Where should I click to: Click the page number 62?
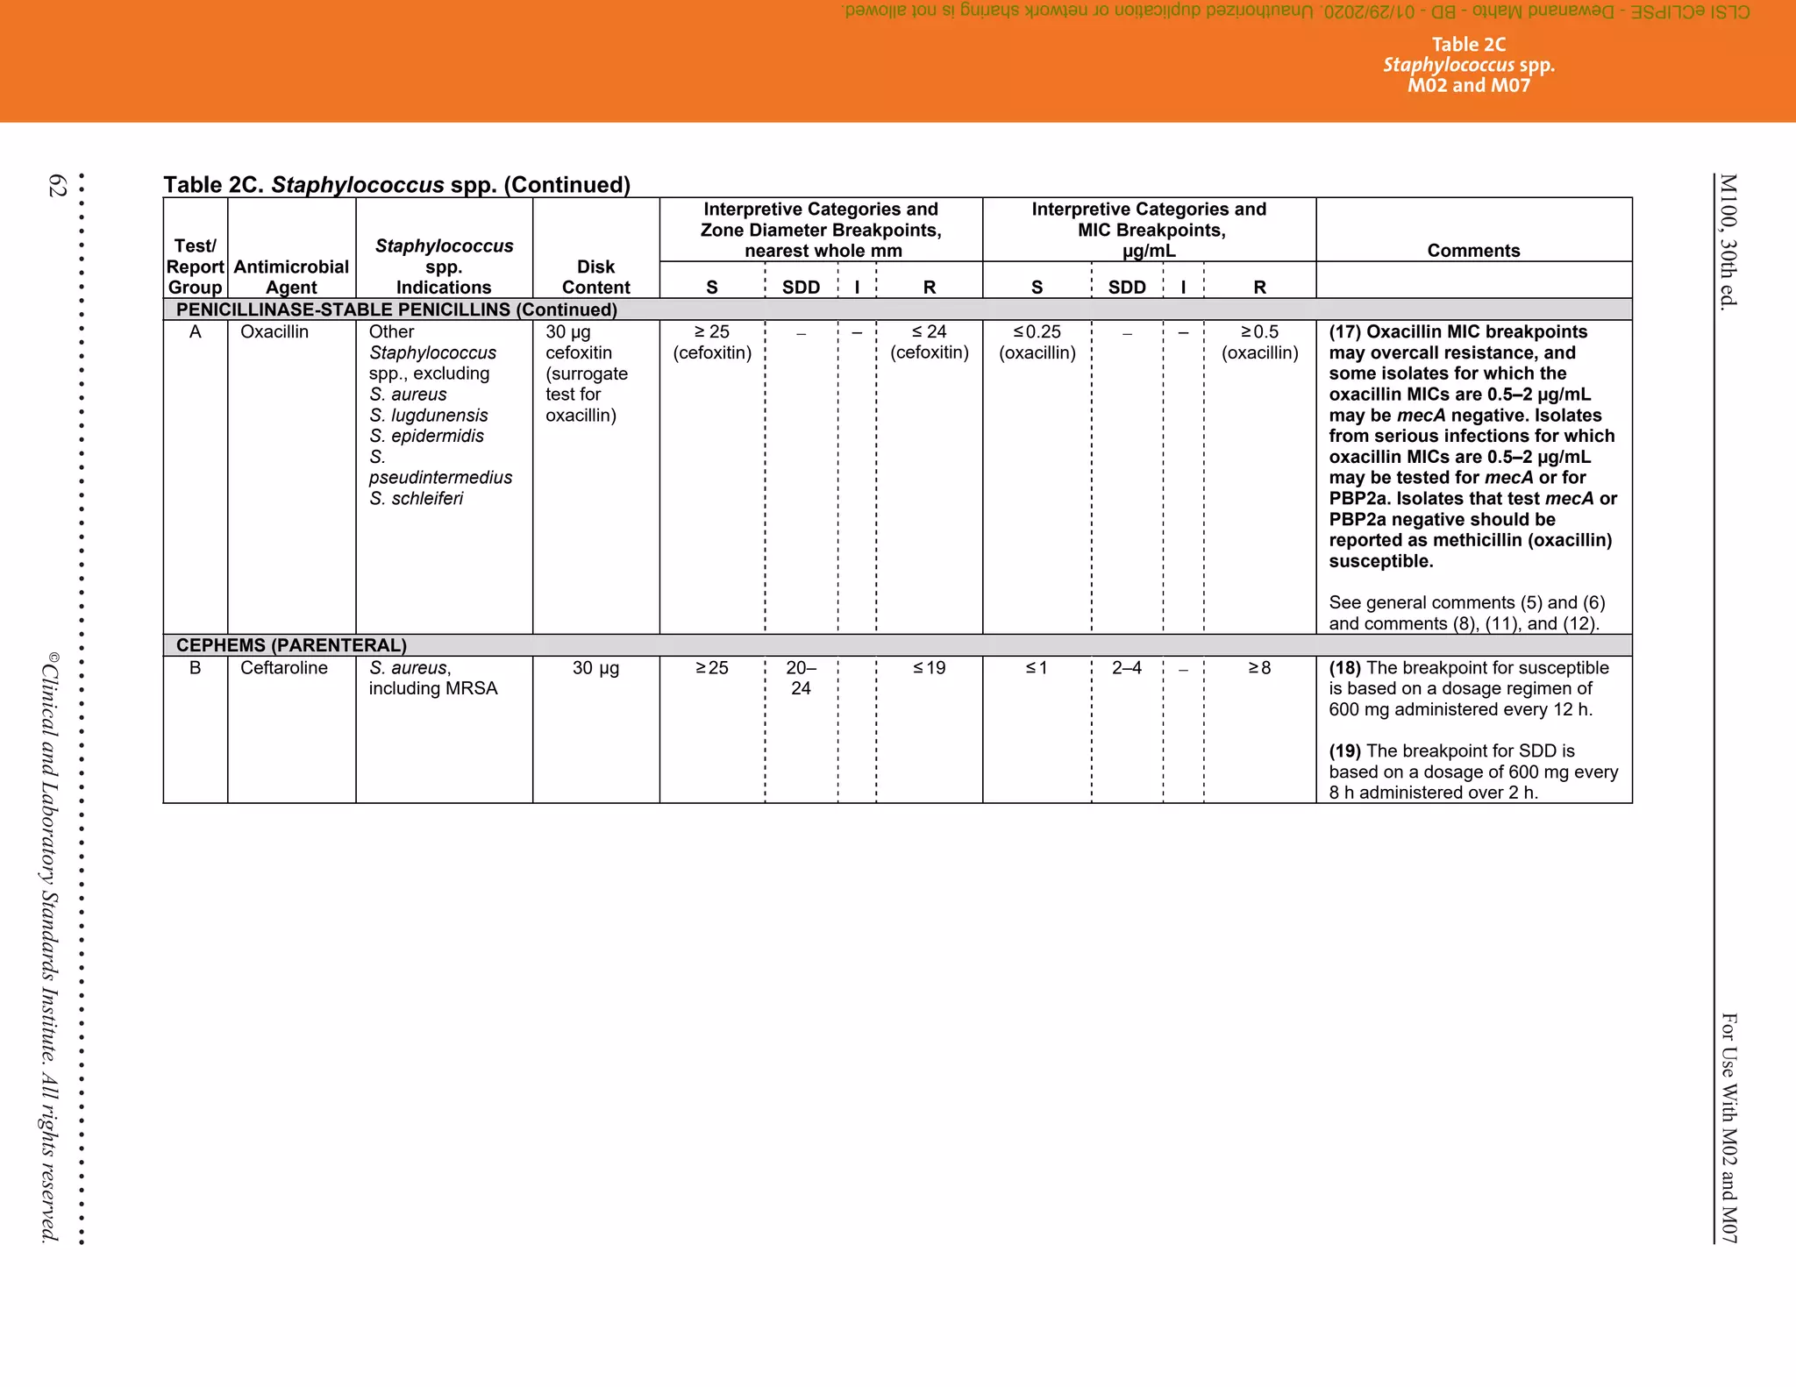point(57,185)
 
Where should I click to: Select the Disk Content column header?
point(595,277)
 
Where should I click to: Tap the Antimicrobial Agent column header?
point(291,277)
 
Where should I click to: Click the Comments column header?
point(1473,251)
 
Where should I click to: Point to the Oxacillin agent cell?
point(274,332)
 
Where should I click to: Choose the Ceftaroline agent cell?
point(284,668)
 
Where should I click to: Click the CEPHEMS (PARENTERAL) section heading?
point(291,645)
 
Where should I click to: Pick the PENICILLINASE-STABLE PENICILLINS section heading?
point(396,309)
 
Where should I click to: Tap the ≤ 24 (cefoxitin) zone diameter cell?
point(929,342)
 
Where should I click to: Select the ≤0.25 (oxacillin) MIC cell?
point(1037,342)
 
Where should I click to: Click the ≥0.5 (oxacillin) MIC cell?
point(1259,342)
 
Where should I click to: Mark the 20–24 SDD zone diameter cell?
point(801,678)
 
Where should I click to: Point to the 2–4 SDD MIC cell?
point(1127,668)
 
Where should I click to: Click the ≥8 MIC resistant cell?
point(1259,668)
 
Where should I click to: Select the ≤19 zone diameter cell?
point(929,668)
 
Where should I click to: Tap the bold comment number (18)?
point(1344,668)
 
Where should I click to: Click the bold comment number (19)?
point(1344,751)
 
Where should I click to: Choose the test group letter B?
point(196,668)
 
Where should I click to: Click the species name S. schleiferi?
point(416,499)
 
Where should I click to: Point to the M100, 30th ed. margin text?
point(1728,241)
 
